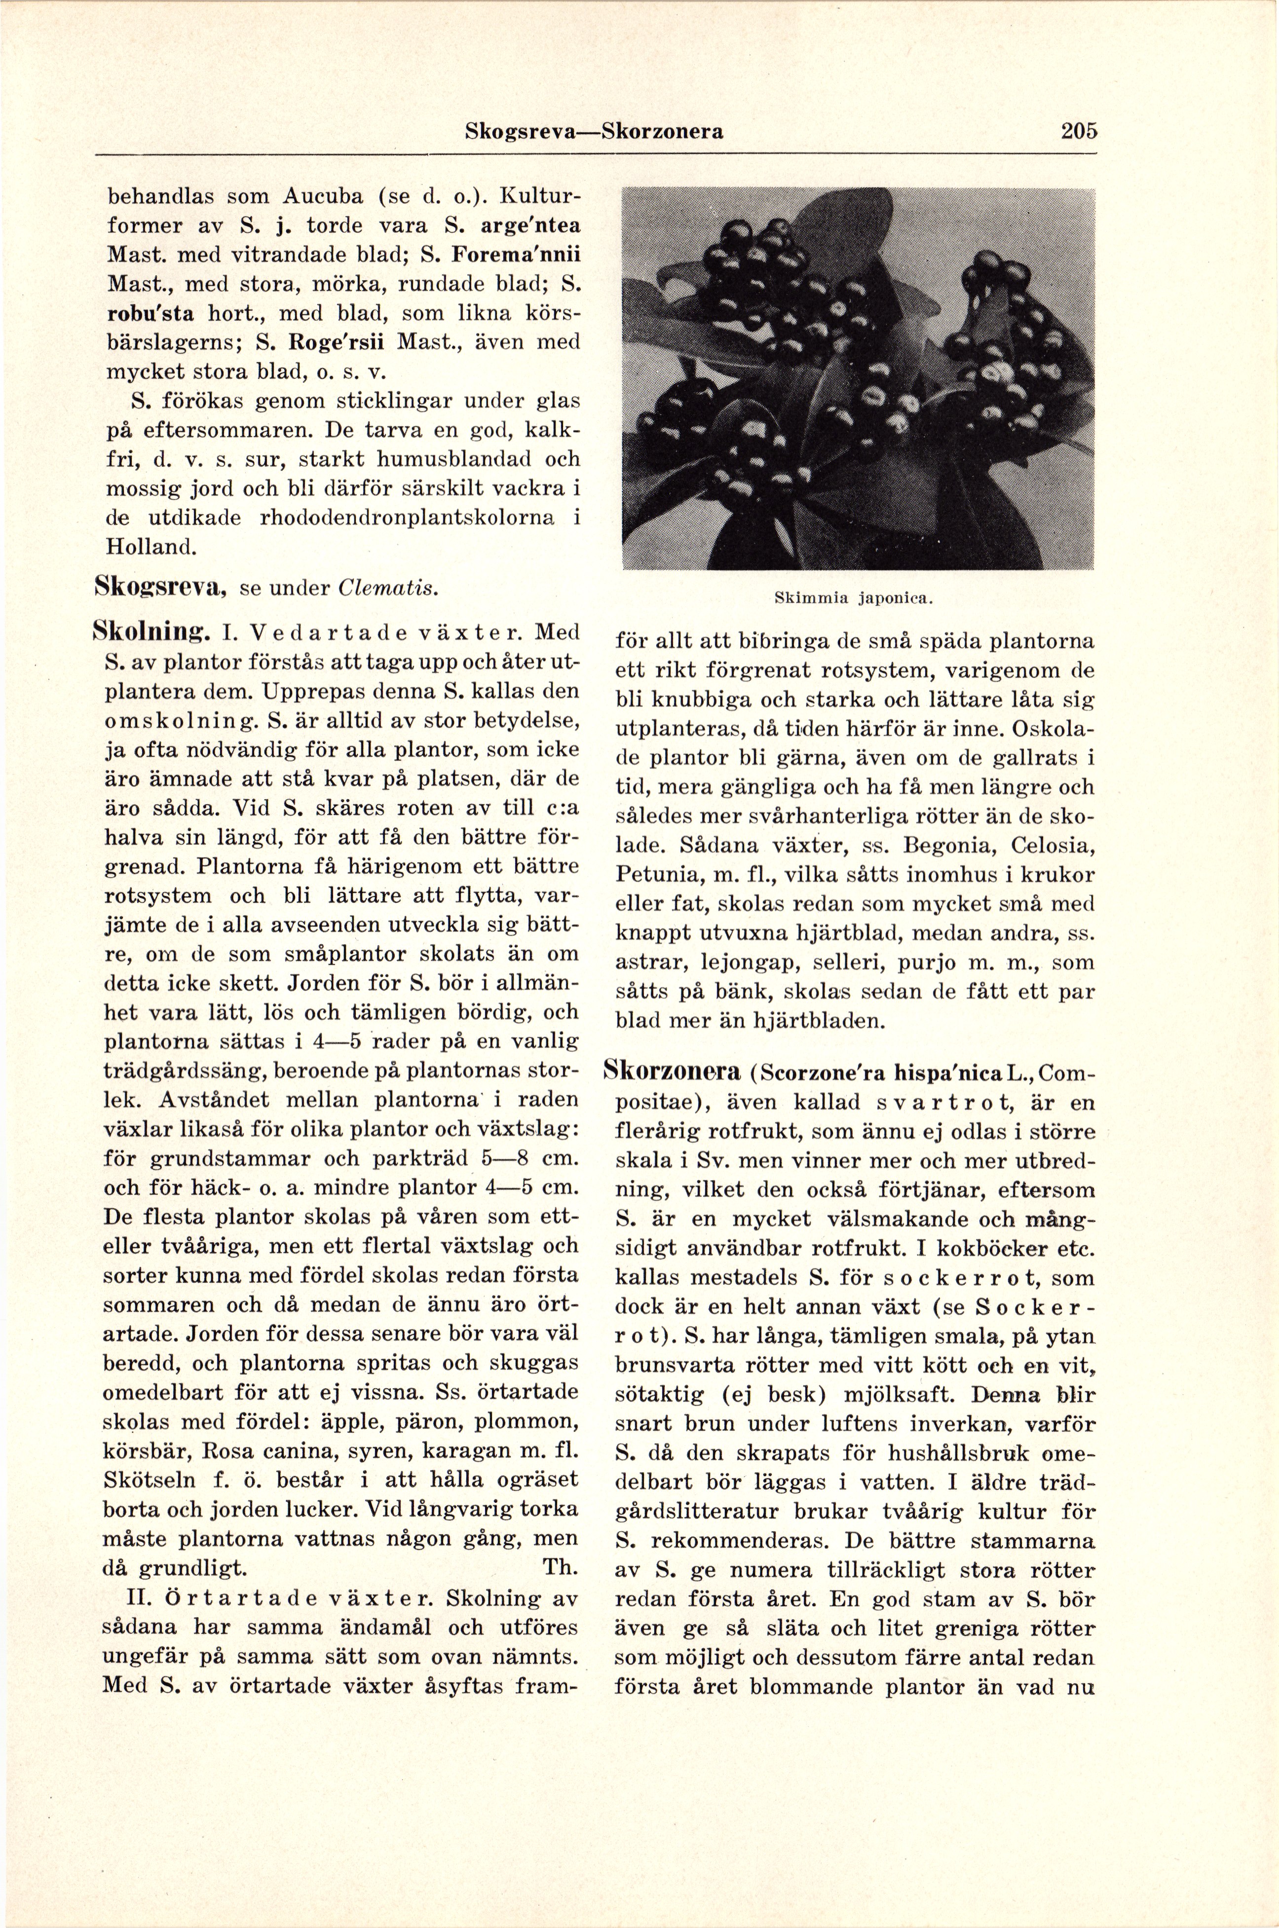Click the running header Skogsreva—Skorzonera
pos(593,131)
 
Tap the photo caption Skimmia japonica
pos(857,598)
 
